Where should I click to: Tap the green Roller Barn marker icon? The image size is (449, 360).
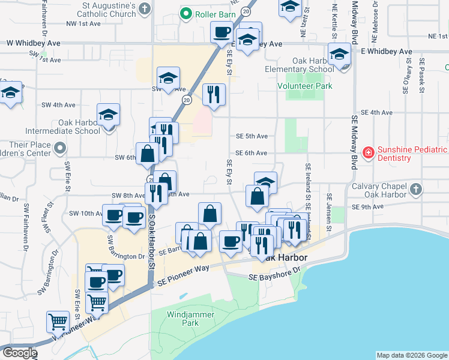pyautogui.click(x=186, y=13)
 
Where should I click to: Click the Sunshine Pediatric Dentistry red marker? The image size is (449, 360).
pyautogui.click(x=367, y=153)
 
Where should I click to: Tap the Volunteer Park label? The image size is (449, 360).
pyautogui.click(x=304, y=86)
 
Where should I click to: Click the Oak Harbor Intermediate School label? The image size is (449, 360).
pyautogui.click(x=62, y=131)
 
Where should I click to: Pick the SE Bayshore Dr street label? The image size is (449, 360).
pyautogui.click(x=275, y=274)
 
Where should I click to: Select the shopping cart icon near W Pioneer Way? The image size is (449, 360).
pyautogui.click(x=58, y=322)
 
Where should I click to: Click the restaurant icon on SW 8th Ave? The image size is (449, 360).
pyautogui.click(x=154, y=192)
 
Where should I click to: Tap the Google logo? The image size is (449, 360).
pyautogui.click(x=19, y=353)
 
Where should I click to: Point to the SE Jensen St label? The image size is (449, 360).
pyautogui.click(x=329, y=213)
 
